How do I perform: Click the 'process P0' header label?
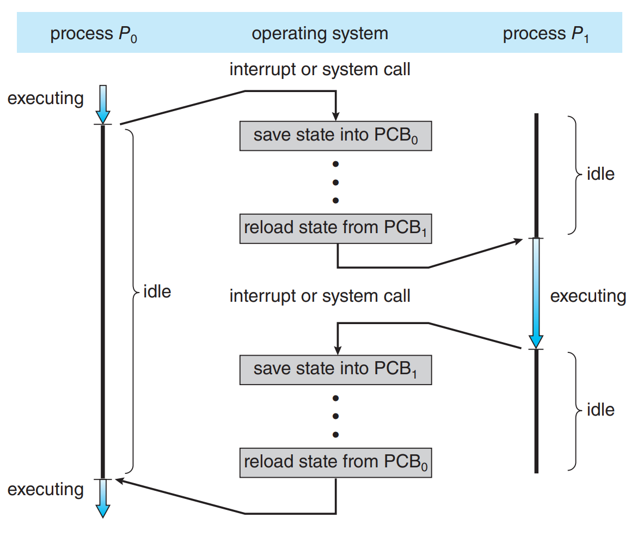94,34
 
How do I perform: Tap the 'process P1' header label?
546,34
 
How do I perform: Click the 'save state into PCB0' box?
335,136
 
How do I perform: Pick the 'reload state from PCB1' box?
335,229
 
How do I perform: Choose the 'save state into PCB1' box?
335,370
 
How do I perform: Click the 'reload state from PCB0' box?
335,462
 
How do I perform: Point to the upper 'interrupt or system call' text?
320,70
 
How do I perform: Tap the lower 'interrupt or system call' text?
320,296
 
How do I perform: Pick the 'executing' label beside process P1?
588,296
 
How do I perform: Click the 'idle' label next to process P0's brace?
157,292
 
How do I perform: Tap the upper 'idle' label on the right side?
601,174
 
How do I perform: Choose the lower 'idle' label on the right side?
601,410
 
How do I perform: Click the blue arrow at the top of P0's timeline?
103,104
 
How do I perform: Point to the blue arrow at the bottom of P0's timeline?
103,498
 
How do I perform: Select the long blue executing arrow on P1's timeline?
536,294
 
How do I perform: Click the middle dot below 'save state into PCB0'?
335,182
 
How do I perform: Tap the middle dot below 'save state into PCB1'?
335,416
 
